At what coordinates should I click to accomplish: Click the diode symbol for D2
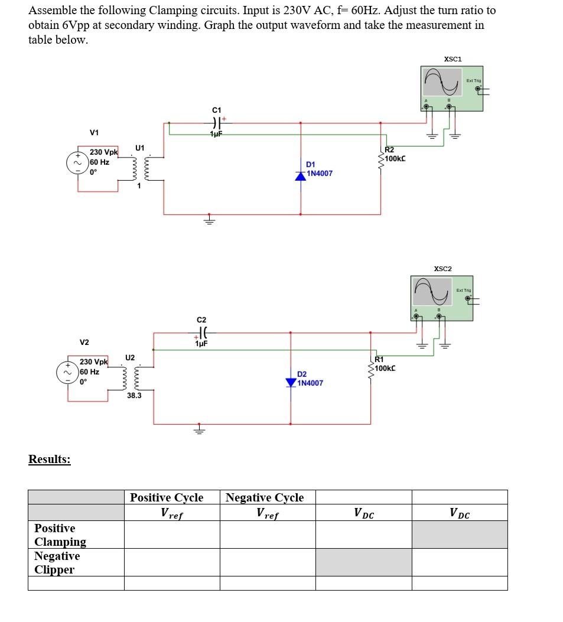click(291, 382)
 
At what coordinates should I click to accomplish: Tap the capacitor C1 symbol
click(215, 123)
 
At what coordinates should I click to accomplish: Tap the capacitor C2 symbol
click(201, 333)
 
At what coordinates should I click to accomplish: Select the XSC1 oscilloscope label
click(453, 59)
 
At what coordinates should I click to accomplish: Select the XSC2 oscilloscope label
click(442, 269)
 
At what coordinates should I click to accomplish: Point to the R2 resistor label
click(390, 150)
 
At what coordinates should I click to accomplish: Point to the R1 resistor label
click(380, 359)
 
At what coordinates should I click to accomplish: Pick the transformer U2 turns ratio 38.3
click(134, 395)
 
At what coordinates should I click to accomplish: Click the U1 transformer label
click(139, 147)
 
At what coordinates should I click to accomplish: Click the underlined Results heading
click(50, 459)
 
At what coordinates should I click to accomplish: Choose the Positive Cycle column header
click(167, 497)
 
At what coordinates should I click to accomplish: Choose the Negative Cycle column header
click(265, 497)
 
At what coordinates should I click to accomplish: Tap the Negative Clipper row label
click(57, 562)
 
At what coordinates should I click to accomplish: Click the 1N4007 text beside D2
click(310, 383)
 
